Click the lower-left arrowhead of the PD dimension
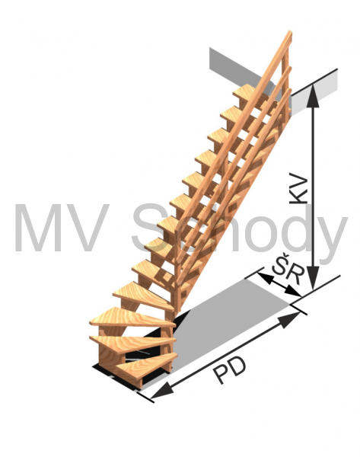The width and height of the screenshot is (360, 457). pos(162,391)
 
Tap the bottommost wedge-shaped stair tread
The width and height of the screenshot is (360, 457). pos(145,368)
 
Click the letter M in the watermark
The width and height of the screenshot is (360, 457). pos(36,228)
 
